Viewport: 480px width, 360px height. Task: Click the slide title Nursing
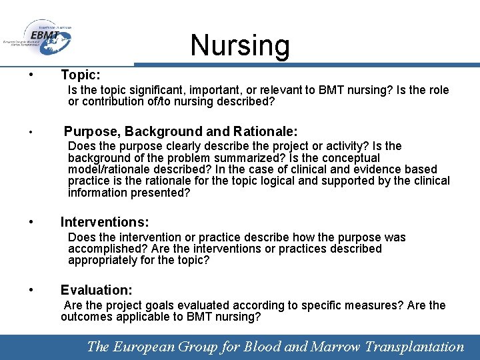(240, 45)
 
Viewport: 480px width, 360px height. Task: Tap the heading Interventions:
(105, 222)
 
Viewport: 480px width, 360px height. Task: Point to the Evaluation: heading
(96, 290)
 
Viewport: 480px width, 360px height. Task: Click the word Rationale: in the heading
(265, 131)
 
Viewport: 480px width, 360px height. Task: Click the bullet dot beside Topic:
(31, 75)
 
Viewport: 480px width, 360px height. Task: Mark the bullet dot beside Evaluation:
(31, 290)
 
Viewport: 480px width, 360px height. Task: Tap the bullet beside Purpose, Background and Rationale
(31, 131)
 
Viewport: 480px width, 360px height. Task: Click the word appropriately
(101, 260)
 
